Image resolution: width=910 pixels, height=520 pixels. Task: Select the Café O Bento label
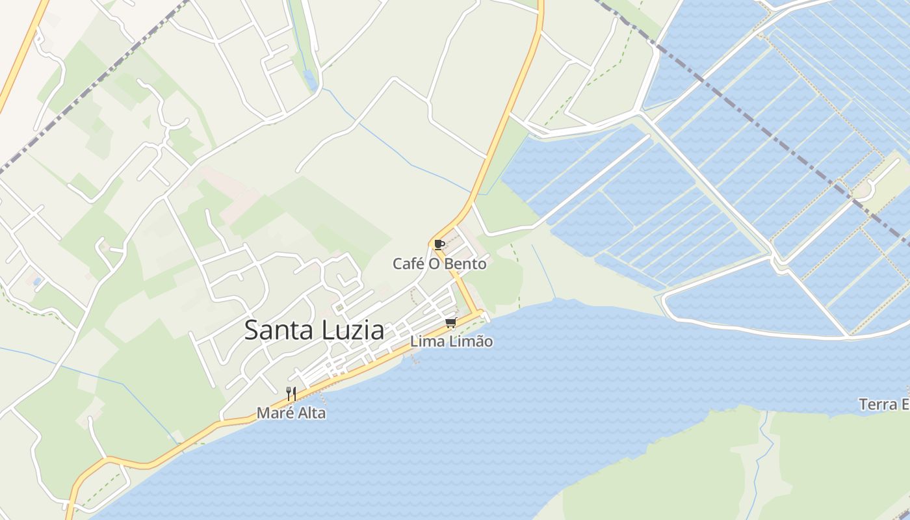439,264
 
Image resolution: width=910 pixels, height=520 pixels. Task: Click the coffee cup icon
439,245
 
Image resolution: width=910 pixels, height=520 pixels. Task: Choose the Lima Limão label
451,341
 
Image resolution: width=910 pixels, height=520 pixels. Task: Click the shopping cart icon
450,323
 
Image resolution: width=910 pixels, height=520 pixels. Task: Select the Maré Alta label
291,413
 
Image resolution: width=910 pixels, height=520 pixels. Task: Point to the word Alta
310,413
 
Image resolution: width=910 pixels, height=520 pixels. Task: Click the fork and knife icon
291,393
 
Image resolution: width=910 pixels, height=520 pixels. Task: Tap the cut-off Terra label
884,404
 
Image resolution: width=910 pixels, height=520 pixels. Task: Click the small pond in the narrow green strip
310,79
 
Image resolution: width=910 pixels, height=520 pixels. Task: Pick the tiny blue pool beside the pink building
36,281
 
